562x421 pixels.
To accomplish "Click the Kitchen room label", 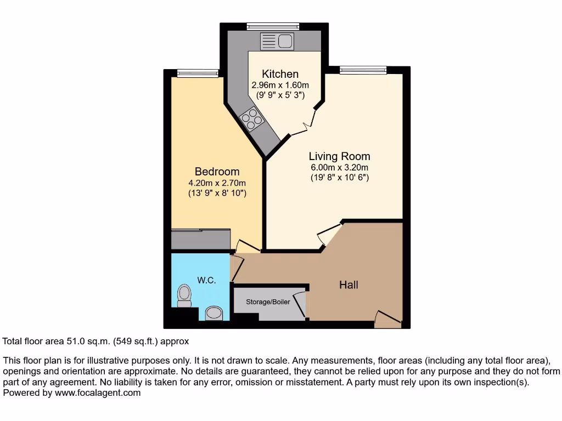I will point(280,74).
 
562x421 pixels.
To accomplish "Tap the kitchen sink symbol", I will point(278,41).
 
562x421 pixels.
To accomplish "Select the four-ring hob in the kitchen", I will point(251,120).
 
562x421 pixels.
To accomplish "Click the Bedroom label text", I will point(217,172).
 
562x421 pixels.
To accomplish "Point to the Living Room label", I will point(339,156).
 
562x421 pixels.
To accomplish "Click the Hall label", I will point(349,285).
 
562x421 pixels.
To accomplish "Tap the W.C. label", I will point(206,280).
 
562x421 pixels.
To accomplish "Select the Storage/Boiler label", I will point(268,302).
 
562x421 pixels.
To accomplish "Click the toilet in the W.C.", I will point(184,297).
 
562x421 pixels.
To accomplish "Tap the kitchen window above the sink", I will point(273,25).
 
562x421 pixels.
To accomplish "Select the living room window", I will point(363,70).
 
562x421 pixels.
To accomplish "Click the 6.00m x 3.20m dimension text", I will point(339,168).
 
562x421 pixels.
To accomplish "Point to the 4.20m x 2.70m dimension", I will point(217,183).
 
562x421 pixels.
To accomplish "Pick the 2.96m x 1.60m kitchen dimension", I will point(280,85).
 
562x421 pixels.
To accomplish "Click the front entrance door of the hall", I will point(387,319).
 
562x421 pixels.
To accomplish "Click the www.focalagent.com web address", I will point(97,392).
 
